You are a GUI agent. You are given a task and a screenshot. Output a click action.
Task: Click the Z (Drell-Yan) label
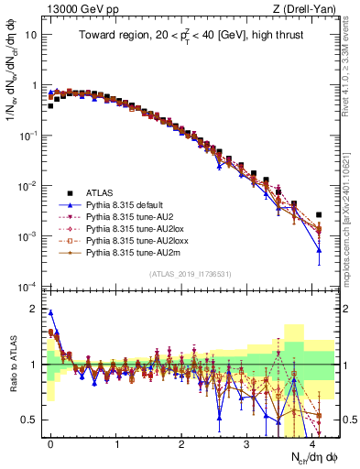(x=308, y=8)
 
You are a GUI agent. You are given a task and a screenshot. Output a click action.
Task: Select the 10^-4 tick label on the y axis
(x=27, y=287)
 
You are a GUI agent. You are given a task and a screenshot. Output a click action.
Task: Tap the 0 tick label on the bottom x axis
(x=50, y=442)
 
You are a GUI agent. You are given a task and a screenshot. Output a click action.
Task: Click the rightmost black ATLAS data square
(x=319, y=214)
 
